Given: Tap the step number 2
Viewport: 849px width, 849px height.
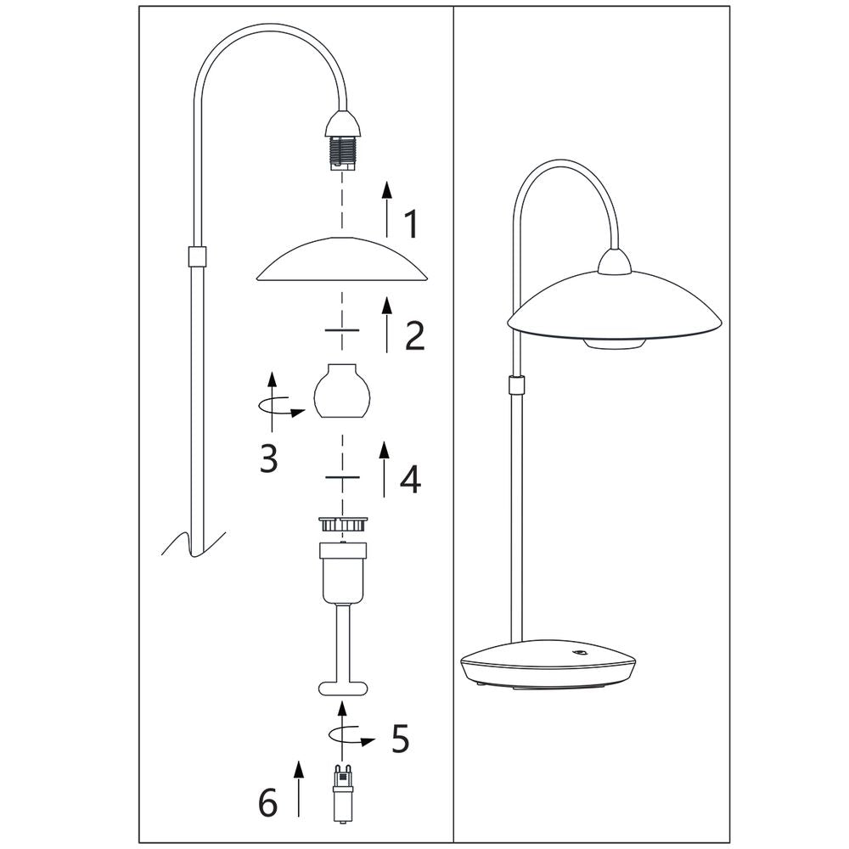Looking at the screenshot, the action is (415, 335).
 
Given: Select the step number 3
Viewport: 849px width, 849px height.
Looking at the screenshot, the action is (268, 458).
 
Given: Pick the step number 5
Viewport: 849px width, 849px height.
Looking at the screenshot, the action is (400, 739).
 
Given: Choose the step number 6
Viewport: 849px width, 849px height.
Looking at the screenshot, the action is (267, 802).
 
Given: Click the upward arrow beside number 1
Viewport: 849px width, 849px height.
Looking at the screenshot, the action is (386, 210).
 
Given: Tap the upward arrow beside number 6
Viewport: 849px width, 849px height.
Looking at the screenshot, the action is (298, 788).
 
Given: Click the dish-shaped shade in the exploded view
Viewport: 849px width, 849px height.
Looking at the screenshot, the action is (341, 259).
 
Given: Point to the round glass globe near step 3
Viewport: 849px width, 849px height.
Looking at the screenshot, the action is (341, 391).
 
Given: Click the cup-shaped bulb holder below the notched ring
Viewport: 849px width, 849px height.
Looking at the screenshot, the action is (344, 572).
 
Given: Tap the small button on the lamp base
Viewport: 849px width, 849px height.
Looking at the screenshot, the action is (581, 653).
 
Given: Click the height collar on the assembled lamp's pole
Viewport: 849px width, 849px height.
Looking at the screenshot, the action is (516, 385).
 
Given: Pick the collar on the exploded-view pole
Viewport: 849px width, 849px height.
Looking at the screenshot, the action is (196, 256).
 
